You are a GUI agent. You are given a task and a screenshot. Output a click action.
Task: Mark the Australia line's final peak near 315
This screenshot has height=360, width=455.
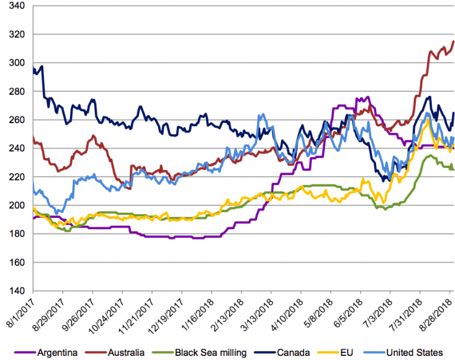[453, 41]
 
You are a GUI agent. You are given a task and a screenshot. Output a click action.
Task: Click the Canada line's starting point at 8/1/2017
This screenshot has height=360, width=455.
[33, 68]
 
